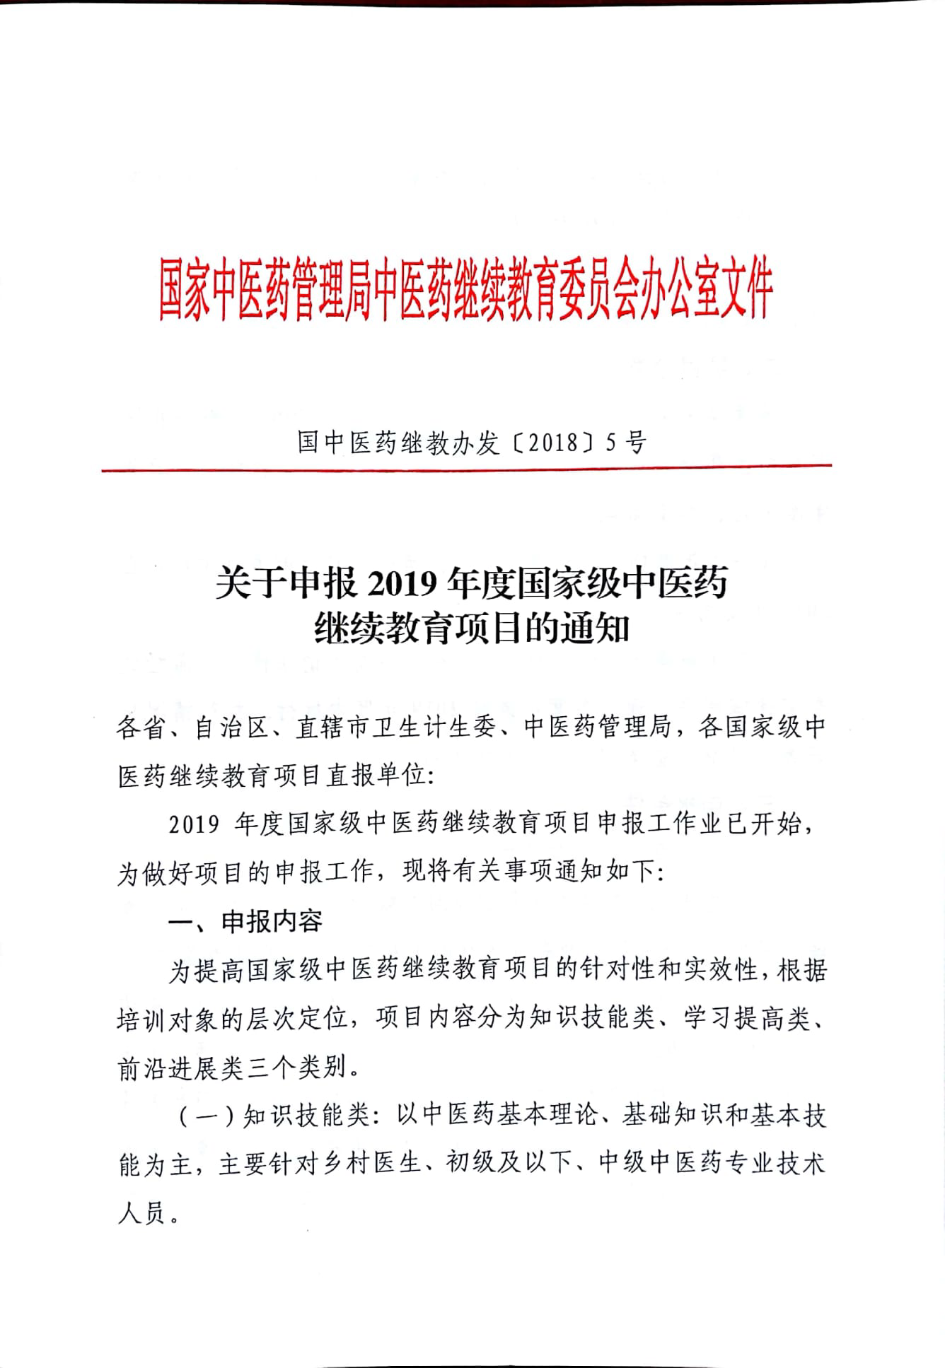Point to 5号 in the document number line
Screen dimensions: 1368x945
627,443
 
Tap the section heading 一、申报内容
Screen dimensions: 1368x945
245,920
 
